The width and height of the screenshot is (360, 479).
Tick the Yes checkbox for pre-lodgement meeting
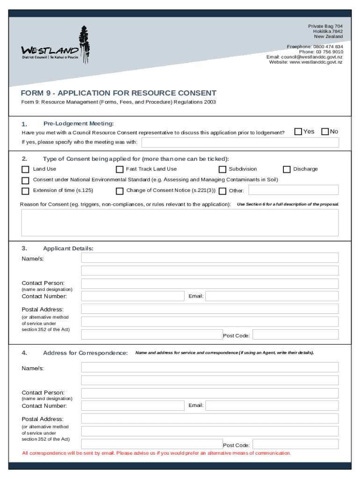298,132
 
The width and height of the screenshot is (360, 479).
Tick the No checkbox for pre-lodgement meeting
325,132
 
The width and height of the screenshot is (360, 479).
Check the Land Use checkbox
26,169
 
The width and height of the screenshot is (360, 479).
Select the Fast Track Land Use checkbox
120,169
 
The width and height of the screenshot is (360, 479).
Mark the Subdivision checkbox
223,169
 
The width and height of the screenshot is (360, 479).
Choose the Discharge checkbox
287,169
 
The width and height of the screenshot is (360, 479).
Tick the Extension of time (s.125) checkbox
26,191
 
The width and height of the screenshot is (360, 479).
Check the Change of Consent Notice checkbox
120,191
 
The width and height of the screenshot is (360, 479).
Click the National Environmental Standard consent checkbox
26,180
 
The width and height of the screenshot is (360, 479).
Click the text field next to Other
293,190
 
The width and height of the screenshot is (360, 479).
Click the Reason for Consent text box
180,223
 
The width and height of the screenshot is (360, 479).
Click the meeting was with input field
240,142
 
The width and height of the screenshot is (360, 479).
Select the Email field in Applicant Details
272,296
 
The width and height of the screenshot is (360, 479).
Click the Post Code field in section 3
295,334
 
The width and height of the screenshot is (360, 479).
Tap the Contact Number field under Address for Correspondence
133,406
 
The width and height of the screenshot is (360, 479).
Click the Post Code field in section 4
295,444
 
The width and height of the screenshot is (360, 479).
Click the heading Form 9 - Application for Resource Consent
119,93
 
